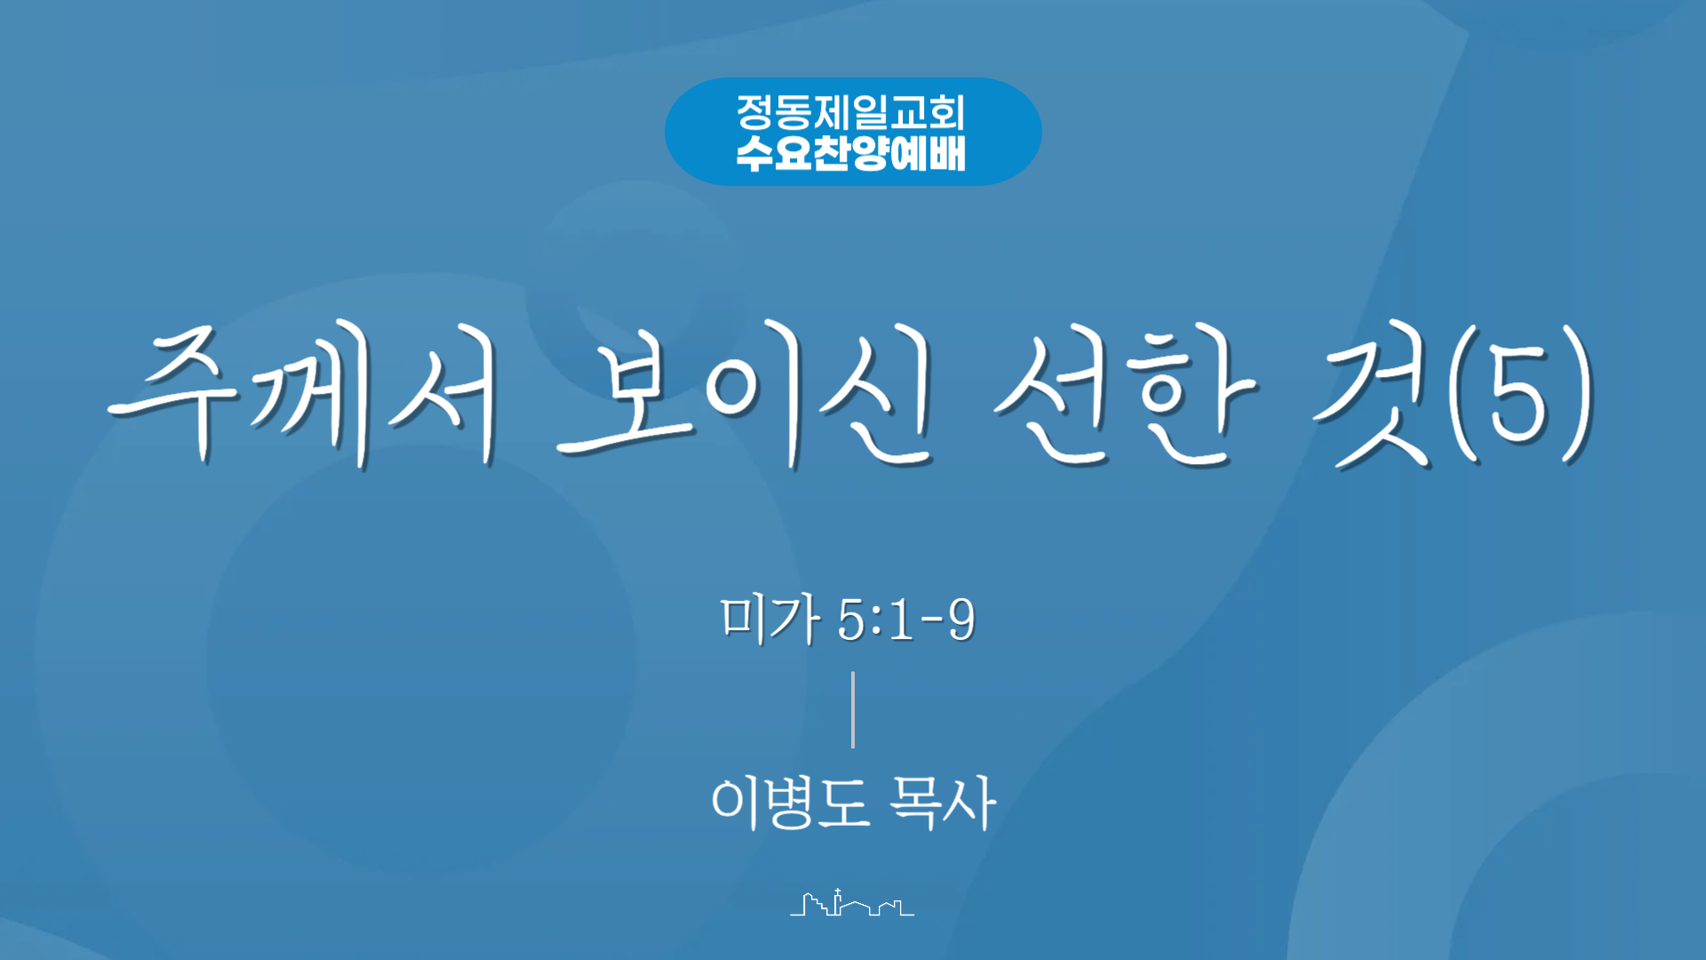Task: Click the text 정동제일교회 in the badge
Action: pyautogui.click(x=850, y=113)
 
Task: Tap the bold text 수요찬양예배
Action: pyautogui.click(x=850, y=153)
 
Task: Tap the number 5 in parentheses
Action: pyautogui.click(x=1519, y=396)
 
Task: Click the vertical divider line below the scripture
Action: pyautogui.click(x=853, y=709)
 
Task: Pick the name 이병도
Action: pyautogui.click(x=790, y=803)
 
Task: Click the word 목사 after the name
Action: pyautogui.click(x=943, y=803)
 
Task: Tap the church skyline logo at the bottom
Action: pyautogui.click(x=852, y=903)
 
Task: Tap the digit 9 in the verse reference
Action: pyautogui.click(x=961, y=620)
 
